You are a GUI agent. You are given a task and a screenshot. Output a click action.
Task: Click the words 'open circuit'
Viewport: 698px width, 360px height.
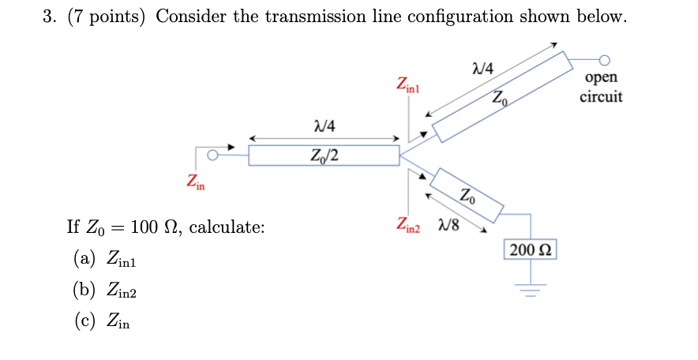pos(601,87)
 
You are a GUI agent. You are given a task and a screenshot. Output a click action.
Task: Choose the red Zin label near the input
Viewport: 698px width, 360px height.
pos(196,183)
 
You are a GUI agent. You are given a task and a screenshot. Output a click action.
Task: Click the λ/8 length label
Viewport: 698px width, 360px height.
pos(448,225)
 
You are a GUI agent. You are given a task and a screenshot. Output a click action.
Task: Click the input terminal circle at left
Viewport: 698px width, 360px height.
pos(212,155)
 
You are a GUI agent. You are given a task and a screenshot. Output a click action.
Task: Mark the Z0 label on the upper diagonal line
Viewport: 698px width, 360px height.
pos(501,99)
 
